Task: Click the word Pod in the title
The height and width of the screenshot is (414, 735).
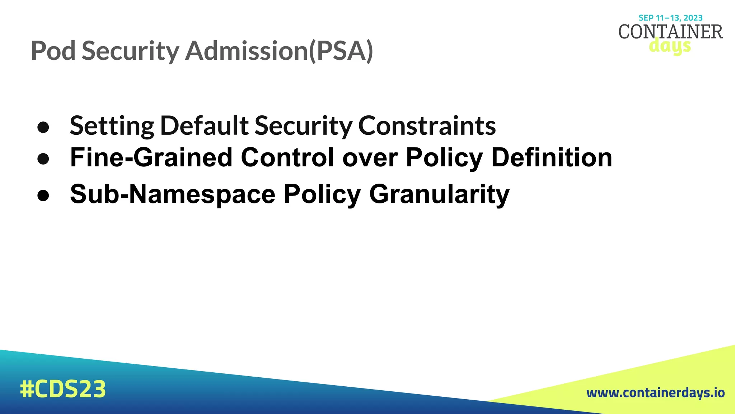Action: click(x=53, y=51)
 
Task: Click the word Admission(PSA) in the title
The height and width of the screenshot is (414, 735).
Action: click(x=279, y=51)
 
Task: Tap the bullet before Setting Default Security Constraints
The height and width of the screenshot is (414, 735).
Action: click(x=43, y=127)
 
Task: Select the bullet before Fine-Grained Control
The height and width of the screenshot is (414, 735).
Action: click(x=43, y=159)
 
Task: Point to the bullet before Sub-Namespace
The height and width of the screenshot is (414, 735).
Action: click(x=43, y=195)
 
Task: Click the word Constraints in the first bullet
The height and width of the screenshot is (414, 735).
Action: click(x=427, y=126)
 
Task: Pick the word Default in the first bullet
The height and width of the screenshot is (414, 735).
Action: click(x=204, y=126)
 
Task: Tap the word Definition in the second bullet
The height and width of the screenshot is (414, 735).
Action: click(x=551, y=157)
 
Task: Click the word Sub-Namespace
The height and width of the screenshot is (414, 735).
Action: click(x=173, y=194)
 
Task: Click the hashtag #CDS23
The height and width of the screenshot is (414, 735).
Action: click(x=63, y=389)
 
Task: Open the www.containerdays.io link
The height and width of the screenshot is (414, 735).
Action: click(x=655, y=393)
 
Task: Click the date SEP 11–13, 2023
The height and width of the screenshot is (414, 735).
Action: click(x=670, y=18)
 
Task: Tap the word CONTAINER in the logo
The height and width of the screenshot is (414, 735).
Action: click(x=670, y=32)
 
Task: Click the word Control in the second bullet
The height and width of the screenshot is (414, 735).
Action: click(x=287, y=157)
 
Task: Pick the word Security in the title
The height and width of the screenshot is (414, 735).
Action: click(x=130, y=51)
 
